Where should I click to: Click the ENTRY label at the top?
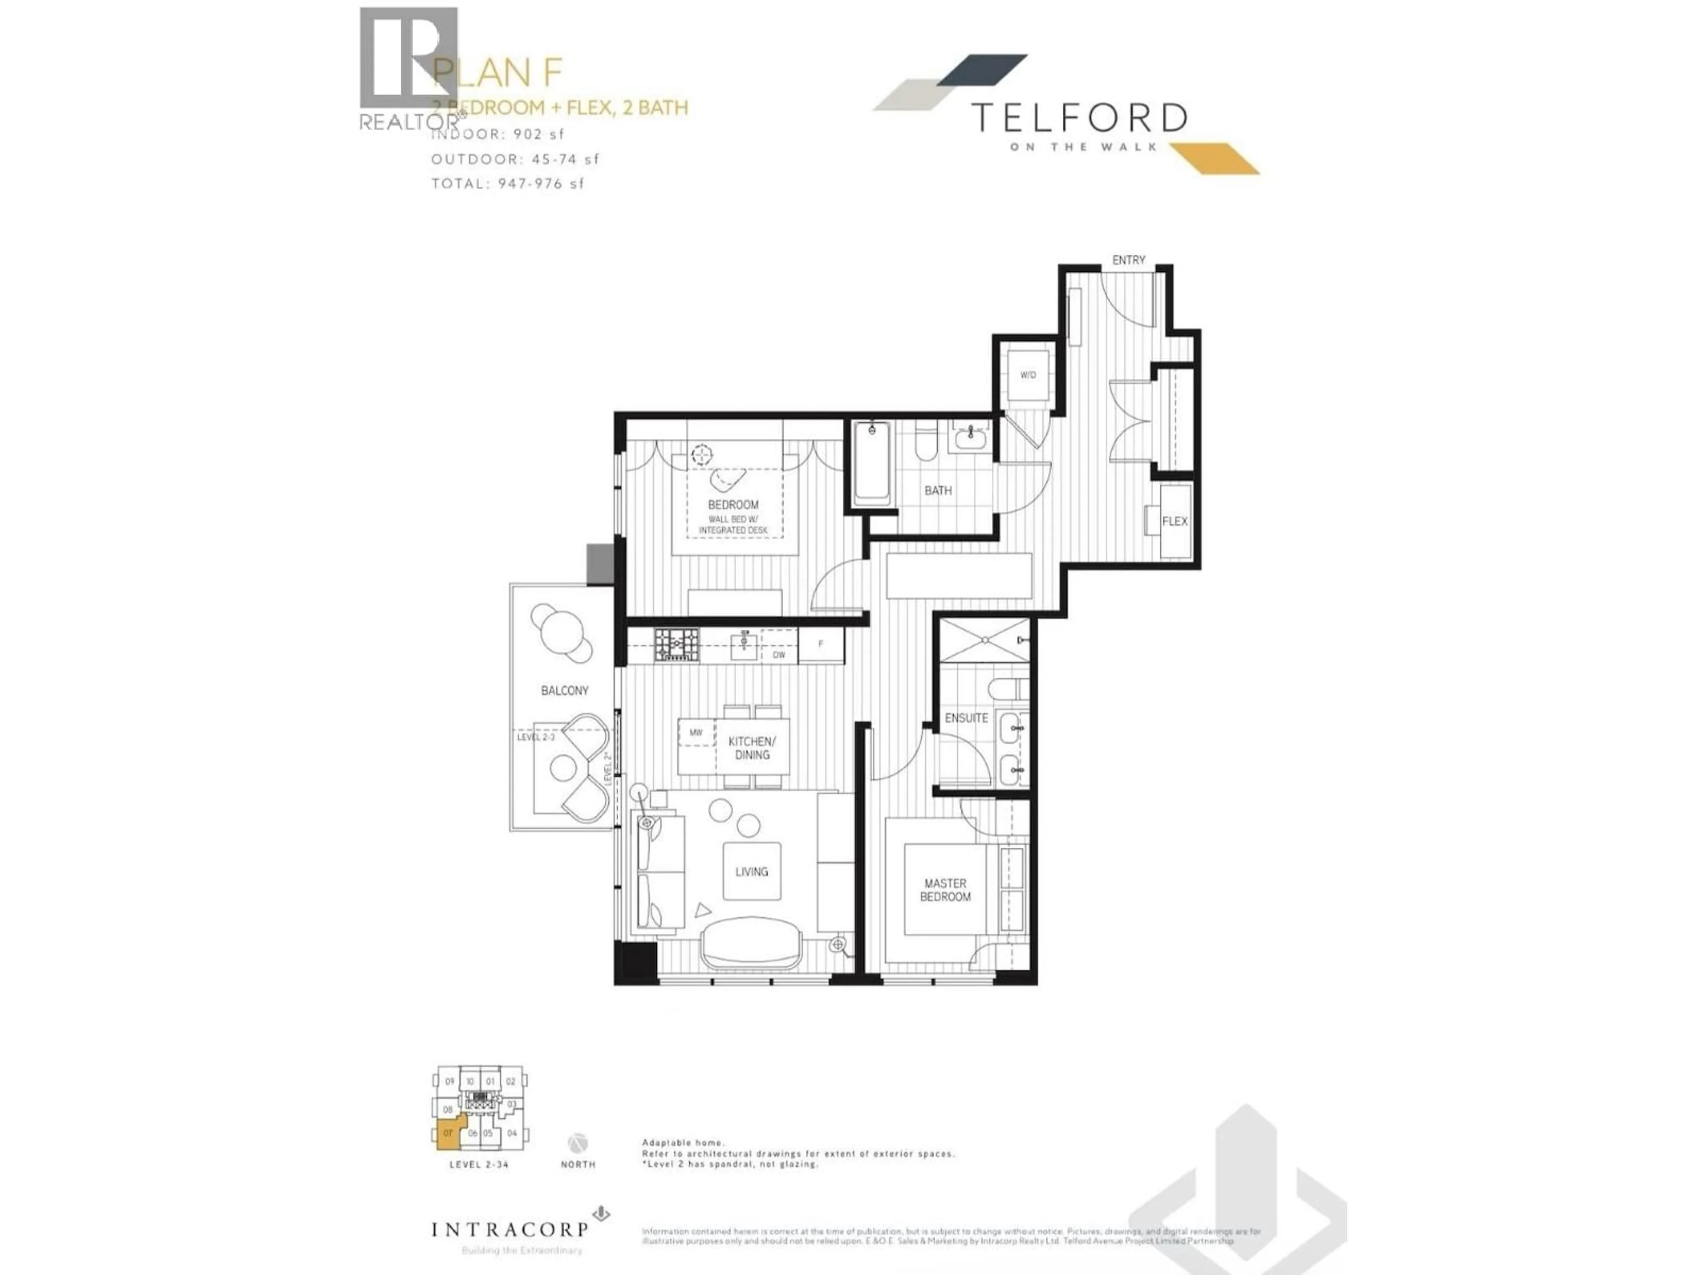click(x=1128, y=260)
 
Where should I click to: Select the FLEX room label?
click(x=1174, y=521)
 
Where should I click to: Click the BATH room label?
click(x=937, y=491)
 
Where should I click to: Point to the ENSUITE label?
click(x=966, y=718)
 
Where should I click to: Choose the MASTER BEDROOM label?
click(x=945, y=890)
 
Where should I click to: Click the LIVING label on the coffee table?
click(x=751, y=872)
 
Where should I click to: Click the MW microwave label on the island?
click(x=696, y=732)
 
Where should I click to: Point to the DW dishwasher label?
click(x=779, y=655)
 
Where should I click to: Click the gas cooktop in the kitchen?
click(x=677, y=645)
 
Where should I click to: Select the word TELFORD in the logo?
click(x=1080, y=118)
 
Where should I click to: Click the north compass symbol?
click(x=578, y=1142)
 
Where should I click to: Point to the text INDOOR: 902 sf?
click(x=497, y=134)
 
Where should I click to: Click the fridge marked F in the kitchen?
click(x=820, y=644)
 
